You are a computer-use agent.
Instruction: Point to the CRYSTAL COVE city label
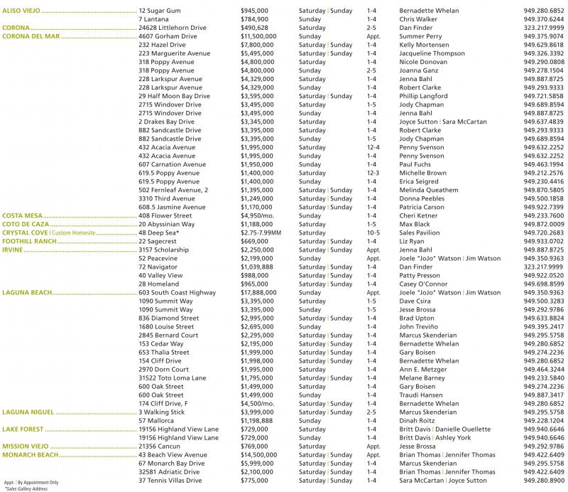point(25,232)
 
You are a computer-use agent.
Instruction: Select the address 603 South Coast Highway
point(177,292)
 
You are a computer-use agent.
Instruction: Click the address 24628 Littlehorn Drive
point(173,27)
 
